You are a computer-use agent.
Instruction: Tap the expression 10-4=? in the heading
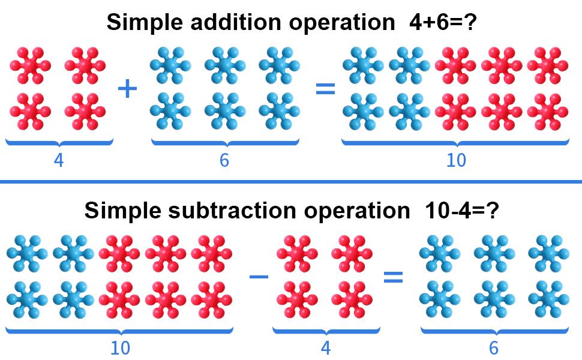(x=462, y=211)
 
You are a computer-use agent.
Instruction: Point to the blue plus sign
(x=127, y=89)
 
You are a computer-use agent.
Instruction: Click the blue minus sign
(x=259, y=277)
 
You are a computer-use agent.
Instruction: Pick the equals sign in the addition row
(x=325, y=89)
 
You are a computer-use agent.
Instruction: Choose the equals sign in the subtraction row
(x=393, y=277)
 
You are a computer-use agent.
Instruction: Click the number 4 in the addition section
(x=59, y=161)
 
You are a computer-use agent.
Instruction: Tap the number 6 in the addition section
(x=224, y=161)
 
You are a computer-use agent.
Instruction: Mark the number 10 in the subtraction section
(x=120, y=348)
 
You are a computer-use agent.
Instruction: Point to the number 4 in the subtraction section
(x=326, y=348)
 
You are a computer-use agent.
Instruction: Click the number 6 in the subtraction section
(x=494, y=348)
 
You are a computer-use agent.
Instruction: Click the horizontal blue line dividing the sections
(x=291, y=181)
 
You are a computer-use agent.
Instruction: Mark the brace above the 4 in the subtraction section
(x=326, y=331)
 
